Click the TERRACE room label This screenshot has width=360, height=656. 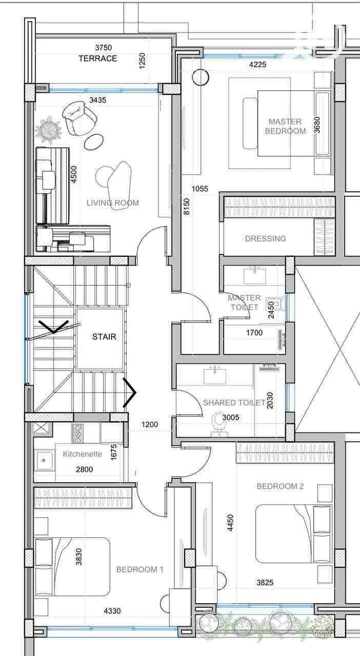click(97, 58)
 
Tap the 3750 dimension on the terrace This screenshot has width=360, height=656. click(104, 48)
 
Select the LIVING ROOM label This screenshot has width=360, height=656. click(113, 202)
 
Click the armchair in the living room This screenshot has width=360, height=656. click(79, 118)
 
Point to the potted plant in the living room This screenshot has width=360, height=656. click(49, 130)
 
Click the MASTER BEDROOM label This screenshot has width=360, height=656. click(285, 126)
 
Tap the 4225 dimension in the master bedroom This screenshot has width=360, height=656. click(257, 65)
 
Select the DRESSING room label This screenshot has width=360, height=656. click(266, 238)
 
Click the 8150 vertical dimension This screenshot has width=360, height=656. click(187, 207)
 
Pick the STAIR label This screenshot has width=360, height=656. click(105, 337)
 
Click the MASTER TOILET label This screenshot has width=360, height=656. click(244, 302)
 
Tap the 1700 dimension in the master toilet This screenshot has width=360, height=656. click(254, 333)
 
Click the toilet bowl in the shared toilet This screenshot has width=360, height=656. click(217, 423)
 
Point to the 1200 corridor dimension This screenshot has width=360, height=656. click(150, 424)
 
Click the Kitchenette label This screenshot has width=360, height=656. click(83, 454)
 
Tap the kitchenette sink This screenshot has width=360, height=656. click(44, 460)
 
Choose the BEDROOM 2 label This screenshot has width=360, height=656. click(281, 486)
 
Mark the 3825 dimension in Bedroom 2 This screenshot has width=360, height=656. click(265, 583)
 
